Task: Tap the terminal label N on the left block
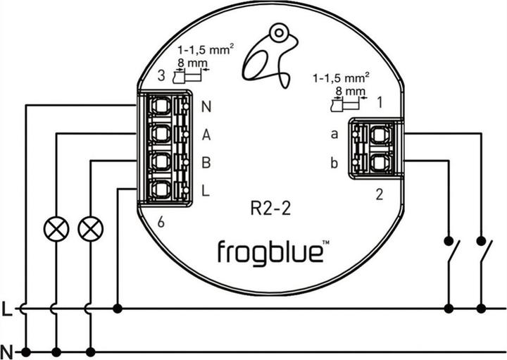point(206,108)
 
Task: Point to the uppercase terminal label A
point(206,135)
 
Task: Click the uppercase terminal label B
point(206,163)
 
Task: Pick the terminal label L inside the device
point(206,190)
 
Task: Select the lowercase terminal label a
point(334,134)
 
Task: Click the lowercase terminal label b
point(334,163)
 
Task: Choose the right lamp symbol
point(89,228)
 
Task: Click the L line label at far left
point(7,309)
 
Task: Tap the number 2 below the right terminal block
point(380,196)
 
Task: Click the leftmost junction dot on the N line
point(26,352)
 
